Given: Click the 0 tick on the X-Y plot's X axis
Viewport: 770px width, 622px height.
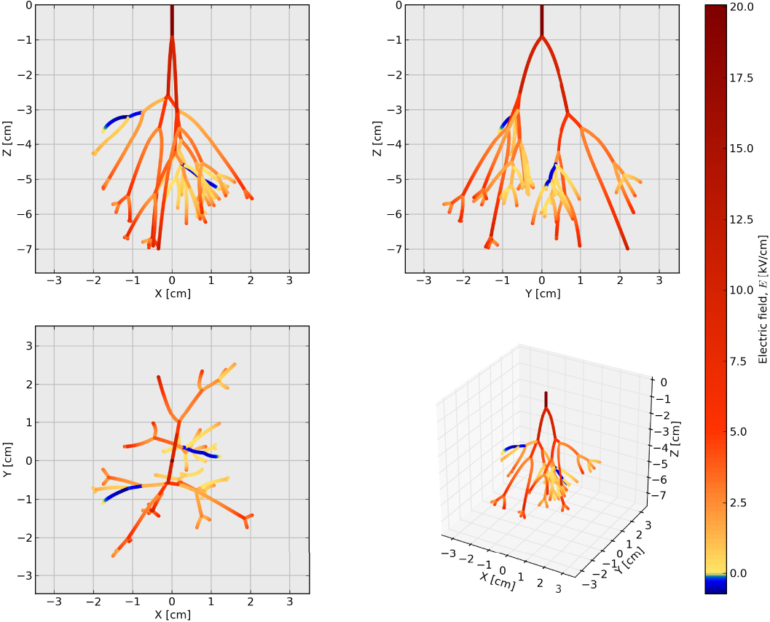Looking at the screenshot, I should coord(172,602).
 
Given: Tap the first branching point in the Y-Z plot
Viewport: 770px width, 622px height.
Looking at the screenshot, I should coord(541,36).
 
